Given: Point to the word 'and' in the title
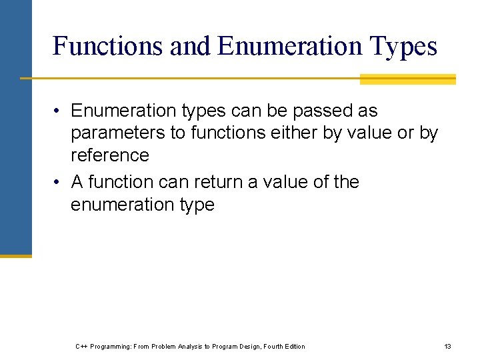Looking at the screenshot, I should tap(191, 46).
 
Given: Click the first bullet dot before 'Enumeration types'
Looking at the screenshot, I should tap(59, 111).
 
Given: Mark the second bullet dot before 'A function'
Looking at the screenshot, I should tap(59, 183).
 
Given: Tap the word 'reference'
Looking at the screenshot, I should tap(109, 155).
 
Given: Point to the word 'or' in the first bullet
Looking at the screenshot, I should tap(405, 133).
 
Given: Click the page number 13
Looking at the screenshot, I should tap(447, 347).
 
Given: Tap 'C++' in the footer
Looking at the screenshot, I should tap(81, 347).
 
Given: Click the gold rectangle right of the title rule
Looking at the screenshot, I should tap(407, 79).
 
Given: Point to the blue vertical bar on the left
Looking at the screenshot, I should tap(15, 127).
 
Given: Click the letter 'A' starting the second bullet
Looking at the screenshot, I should tap(77, 182).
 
